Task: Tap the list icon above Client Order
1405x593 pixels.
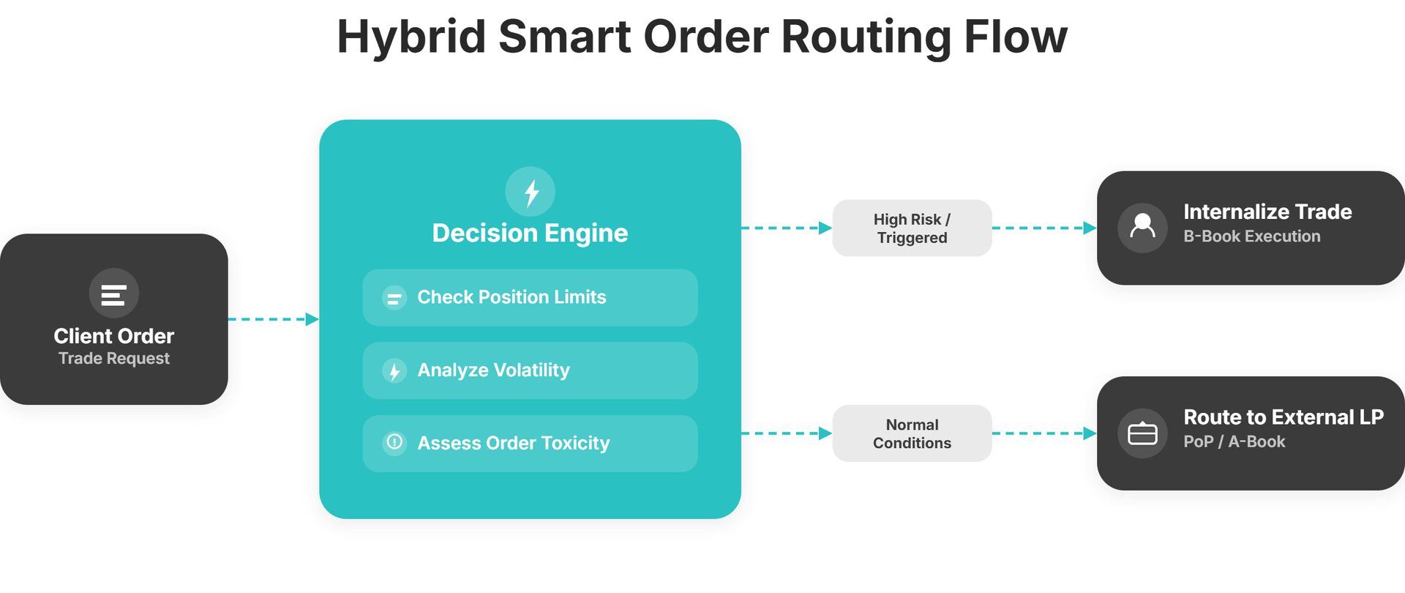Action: [113, 294]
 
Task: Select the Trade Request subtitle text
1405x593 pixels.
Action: [113, 359]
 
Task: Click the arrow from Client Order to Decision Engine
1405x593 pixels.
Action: [273, 319]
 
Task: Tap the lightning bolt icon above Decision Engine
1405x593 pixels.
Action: [531, 192]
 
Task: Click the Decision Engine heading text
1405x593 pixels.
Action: [530, 233]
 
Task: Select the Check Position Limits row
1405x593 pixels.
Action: [530, 297]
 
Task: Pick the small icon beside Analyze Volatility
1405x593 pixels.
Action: [394, 371]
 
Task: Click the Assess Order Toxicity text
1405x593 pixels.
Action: [513, 443]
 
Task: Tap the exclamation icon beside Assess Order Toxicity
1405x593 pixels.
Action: [394, 442]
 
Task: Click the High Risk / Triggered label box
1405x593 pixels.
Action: [912, 228]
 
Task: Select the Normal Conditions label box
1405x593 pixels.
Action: [912, 433]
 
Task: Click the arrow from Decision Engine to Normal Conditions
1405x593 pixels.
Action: [787, 433]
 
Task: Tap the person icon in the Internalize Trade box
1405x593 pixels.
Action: [1142, 228]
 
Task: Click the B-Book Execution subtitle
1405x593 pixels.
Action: [1251, 236]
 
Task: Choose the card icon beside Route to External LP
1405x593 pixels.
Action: [1142, 433]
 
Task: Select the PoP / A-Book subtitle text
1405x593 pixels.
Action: [1234, 441]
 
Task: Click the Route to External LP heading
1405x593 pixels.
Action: [1283, 417]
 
